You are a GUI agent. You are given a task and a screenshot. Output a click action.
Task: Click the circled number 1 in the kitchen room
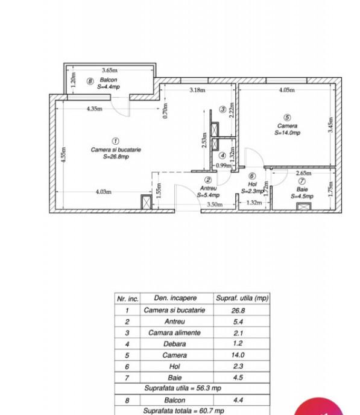115,141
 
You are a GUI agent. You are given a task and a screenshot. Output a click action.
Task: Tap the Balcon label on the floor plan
109,80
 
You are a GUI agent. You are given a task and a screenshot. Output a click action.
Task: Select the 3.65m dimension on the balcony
110,70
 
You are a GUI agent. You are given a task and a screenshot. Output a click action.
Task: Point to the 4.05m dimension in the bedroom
286,90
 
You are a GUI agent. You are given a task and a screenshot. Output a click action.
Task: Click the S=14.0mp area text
287,133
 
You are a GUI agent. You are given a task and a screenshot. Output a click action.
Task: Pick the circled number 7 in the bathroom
302,182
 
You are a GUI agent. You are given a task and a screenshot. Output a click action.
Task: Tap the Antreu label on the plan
209,188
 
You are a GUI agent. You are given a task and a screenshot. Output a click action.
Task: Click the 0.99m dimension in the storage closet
224,166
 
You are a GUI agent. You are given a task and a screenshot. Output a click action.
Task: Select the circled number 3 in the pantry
223,109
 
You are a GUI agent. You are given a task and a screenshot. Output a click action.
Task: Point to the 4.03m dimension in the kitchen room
104,192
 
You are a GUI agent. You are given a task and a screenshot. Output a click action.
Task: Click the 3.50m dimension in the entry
215,204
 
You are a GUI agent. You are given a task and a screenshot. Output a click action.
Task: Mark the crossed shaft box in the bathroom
303,206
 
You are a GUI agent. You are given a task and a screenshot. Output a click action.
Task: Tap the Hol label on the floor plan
252,184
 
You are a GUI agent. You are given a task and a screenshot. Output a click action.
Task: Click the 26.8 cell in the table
238,311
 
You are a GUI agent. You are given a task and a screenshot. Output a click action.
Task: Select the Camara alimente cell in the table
175,333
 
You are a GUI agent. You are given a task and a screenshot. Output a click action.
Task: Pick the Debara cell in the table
175,344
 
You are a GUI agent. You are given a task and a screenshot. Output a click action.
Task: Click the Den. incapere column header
175,298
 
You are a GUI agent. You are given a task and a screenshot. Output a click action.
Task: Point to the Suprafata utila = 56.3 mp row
183,388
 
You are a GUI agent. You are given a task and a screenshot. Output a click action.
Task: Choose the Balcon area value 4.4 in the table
238,400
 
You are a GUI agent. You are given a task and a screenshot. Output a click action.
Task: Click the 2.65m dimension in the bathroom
303,173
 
